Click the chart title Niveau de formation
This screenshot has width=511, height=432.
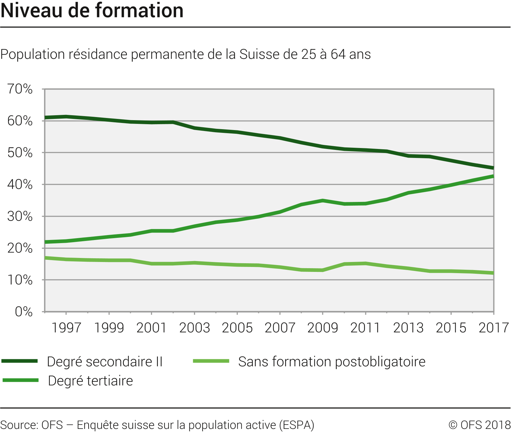(x=92, y=11)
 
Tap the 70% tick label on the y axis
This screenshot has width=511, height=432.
(x=20, y=89)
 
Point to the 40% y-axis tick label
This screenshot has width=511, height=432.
(x=20, y=185)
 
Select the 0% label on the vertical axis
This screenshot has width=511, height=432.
(x=24, y=312)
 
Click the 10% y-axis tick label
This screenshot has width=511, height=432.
(x=20, y=280)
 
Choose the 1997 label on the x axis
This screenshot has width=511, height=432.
(x=66, y=328)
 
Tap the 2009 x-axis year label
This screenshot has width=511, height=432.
(x=323, y=328)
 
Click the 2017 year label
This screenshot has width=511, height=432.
(x=494, y=328)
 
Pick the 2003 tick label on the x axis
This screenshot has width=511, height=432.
(x=194, y=328)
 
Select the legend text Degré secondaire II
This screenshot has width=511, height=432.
(x=105, y=362)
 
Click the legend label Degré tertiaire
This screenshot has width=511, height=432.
(x=90, y=381)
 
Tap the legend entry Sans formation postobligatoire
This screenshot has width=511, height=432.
(x=332, y=362)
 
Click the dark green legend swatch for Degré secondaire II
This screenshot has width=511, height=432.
(x=19, y=361)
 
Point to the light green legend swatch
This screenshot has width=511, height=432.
(x=211, y=361)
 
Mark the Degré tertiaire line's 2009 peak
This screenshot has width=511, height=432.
(x=323, y=200)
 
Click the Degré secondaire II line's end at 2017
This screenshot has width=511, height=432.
(x=493, y=168)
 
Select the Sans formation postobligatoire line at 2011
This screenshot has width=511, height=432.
(x=366, y=264)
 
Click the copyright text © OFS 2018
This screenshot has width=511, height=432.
(x=479, y=425)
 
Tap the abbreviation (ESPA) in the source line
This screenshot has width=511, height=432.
(x=297, y=425)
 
